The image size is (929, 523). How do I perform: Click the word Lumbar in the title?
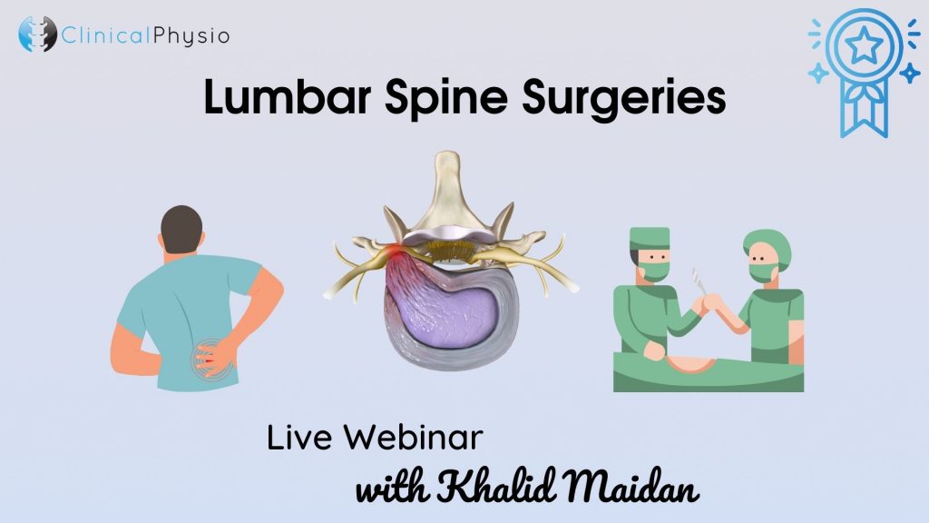(288, 96)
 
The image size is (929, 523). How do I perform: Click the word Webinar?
(414, 438)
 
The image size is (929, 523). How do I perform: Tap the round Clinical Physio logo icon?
(37, 34)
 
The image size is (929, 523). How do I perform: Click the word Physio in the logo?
(191, 36)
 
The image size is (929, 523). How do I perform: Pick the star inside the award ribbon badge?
(864, 45)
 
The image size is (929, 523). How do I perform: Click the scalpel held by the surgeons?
(699, 281)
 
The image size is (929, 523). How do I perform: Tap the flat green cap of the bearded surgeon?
(650, 238)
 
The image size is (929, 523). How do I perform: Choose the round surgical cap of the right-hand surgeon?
(768, 245)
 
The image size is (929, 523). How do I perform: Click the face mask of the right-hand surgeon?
(761, 273)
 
